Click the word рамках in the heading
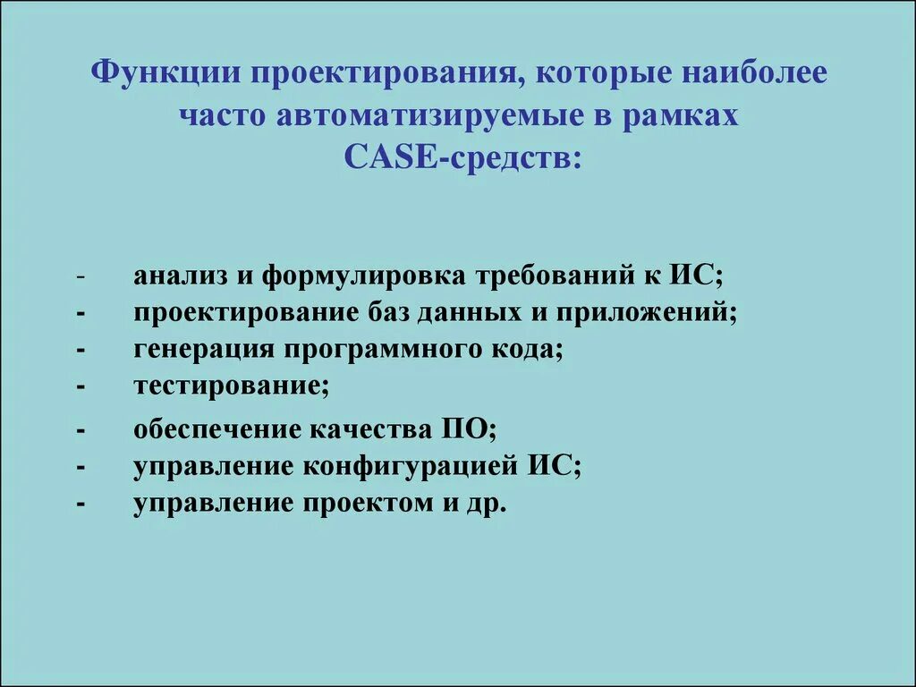coord(689,116)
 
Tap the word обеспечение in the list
coord(216,430)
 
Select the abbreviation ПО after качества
coord(466,430)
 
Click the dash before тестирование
coord(81,387)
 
